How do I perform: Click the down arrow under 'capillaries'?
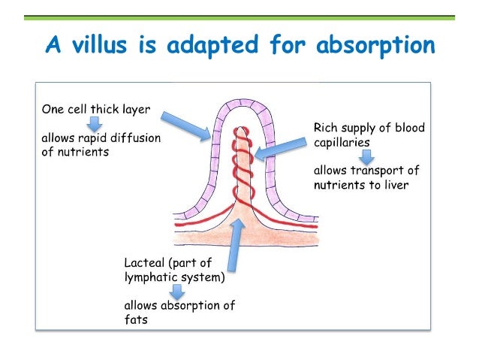(366, 156)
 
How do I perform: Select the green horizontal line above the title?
(239, 17)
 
